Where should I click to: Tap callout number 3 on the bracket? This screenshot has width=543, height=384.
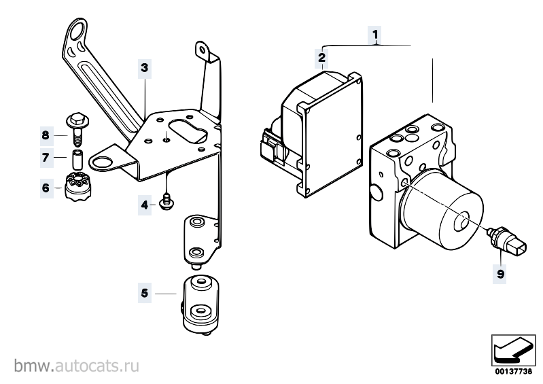tap(144, 68)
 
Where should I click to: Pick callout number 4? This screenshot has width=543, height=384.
tap(144, 204)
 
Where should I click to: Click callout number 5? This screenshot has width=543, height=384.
tap(144, 294)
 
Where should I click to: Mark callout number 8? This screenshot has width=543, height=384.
tap(46, 135)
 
